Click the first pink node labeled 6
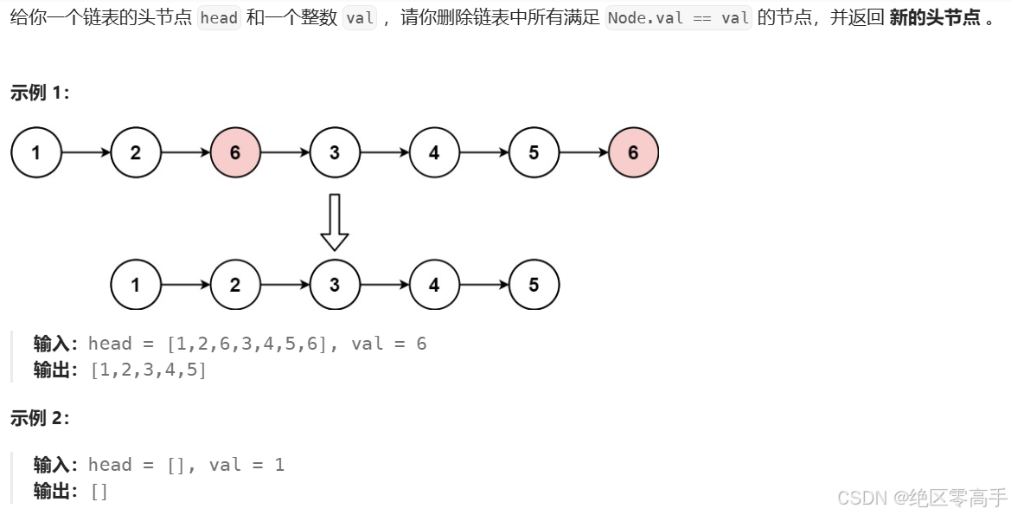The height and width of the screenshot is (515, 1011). (235, 153)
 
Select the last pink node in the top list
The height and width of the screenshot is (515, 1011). (633, 153)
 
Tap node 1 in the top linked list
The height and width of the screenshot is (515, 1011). (36, 153)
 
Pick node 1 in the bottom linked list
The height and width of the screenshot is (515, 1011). (136, 285)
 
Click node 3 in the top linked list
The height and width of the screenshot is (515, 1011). (335, 153)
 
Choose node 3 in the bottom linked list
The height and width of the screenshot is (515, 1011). (335, 285)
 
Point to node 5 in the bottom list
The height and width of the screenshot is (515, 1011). (534, 285)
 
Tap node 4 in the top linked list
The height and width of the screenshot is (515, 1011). (434, 153)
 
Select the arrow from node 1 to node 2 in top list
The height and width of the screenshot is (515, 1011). (86, 153)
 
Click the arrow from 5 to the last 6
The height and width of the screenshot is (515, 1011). (584, 153)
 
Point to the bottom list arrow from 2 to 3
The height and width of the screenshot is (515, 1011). (285, 285)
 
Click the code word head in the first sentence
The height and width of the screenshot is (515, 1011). (219, 18)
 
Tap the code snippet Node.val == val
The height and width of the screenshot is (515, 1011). (678, 18)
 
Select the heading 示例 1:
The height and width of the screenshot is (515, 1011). (40, 93)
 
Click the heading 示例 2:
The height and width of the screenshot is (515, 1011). (40, 418)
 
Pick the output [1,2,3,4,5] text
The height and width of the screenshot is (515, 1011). (148, 370)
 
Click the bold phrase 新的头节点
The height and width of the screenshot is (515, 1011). (934, 18)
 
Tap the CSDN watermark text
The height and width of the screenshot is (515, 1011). (922, 497)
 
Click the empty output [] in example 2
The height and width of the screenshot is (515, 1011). (99, 492)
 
